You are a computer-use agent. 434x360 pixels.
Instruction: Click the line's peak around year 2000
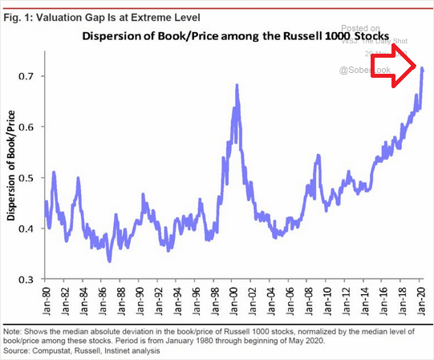[237, 85]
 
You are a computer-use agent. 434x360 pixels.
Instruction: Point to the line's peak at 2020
[423, 69]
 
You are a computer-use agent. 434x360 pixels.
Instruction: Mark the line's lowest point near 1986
[109, 261]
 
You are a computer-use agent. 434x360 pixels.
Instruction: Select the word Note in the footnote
[14, 330]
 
